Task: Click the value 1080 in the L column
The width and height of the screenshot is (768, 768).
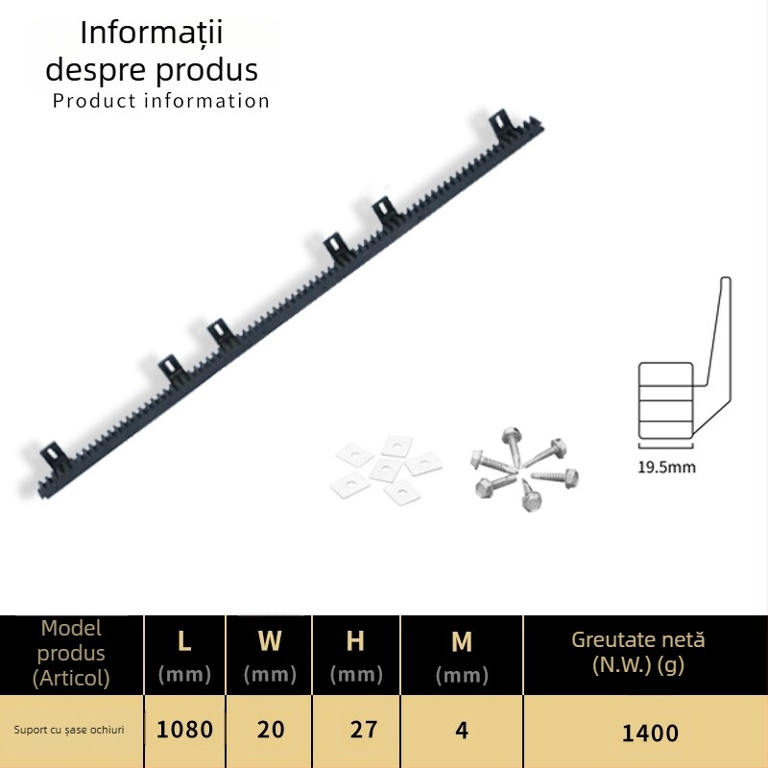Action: (184, 730)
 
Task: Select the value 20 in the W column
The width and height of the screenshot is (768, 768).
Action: (271, 730)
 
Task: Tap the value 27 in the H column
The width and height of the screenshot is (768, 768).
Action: (364, 730)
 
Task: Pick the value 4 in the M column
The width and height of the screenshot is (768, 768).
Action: (462, 731)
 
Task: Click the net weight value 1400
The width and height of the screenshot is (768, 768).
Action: (650, 733)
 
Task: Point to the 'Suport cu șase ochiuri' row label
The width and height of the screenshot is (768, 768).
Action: (69, 730)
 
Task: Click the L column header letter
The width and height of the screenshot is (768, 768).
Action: (184, 640)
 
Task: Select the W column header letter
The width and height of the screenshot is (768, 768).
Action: (270, 640)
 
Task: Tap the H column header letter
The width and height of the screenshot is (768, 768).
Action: (355, 640)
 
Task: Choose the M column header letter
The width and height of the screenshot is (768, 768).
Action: (462, 641)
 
